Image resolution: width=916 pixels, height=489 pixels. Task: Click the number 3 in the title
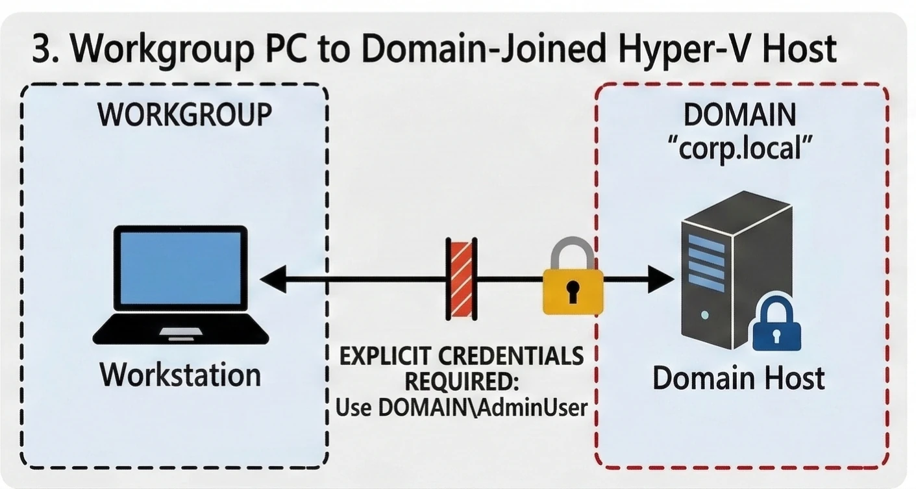click(42, 49)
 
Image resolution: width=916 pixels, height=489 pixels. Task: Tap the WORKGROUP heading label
click(184, 115)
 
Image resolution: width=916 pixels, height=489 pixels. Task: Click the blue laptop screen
click(181, 268)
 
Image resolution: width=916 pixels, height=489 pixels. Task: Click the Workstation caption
click(180, 375)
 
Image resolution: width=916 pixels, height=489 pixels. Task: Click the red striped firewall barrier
click(462, 279)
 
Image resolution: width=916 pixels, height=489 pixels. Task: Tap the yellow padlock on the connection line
click(573, 279)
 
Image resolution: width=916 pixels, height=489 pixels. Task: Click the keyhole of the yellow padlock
click(573, 292)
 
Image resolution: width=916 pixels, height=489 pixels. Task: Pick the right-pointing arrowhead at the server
click(661, 280)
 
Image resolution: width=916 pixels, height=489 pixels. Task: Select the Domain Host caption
click(738, 378)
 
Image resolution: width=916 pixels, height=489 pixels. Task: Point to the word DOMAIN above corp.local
click(739, 115)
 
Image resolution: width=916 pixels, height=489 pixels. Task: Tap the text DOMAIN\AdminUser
click(482, 407)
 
